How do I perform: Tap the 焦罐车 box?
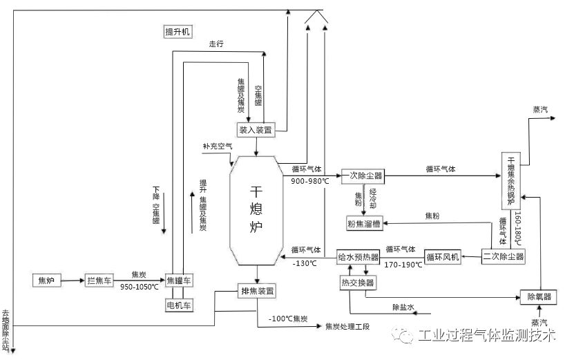tap(180, 281)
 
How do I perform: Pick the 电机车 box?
tap(180, 304)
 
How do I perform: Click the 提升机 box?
tap(176, 32)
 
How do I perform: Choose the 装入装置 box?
tap(256, 129)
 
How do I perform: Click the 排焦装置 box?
tap(257, 291)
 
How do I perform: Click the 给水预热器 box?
tap(358, 257)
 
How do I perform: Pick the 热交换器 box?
tap(357, 283)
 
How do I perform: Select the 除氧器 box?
tap(539, 296)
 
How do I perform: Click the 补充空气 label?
tap(218, 146)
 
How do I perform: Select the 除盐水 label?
tap(403, 306)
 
